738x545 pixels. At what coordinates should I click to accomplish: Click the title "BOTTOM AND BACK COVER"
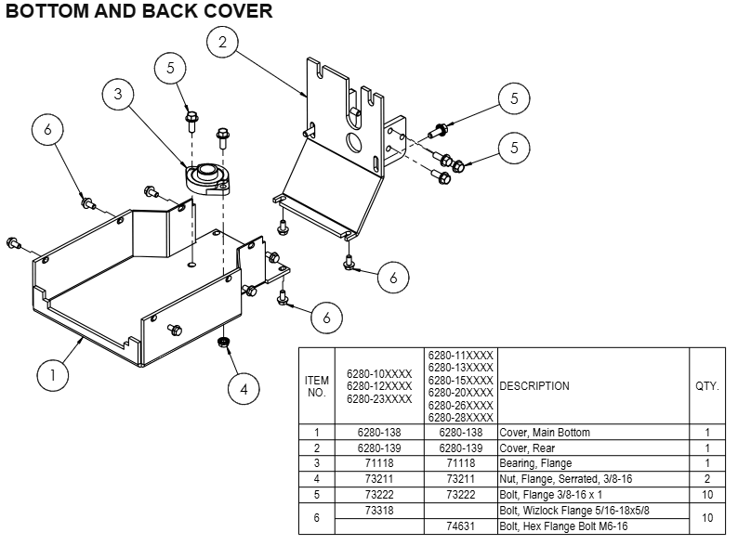(x=139, y=12)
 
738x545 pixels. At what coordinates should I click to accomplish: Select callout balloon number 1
(x=54, y=375)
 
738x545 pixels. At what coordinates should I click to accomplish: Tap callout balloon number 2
(x=223, y=41)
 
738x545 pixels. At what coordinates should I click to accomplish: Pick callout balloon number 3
(x=119, y=94)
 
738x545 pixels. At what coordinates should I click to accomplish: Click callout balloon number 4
(x=244, y=389)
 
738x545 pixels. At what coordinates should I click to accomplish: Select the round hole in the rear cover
(x=353, y=142)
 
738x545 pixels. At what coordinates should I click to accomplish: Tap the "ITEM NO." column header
(x=317, y=386)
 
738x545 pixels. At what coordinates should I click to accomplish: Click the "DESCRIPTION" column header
(x=534, y=386)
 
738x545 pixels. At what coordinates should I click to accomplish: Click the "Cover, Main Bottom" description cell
(x=544, y=433)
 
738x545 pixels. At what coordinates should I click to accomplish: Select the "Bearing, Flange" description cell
(x=535, y=463)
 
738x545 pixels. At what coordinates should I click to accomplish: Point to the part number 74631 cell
(x=462, y=526)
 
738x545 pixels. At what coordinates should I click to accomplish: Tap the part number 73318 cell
(x=379, y=510)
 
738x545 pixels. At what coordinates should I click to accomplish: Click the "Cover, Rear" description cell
(x=527, y=448)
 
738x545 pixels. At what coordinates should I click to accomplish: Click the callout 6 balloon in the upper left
(x=48, y=131)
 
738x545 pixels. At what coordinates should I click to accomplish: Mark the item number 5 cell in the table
(x=317, y=495)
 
